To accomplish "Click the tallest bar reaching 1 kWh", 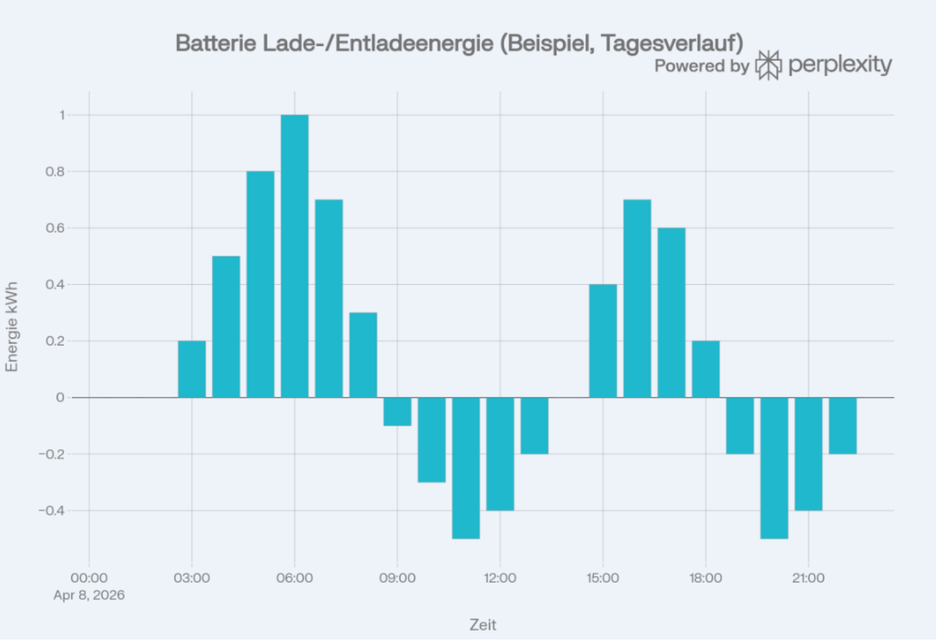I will point(294,256).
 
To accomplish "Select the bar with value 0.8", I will point(260,284).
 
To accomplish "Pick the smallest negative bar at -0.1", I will point(397,411).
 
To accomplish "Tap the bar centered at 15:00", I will point(603,341).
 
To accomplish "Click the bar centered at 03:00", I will point(192,369).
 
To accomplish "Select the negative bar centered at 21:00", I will point(808,453).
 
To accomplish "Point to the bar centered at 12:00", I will point(500,453).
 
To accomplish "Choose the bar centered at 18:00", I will point(706,369).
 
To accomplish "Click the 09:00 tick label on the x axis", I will point(397,578).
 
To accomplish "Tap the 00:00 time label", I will point(89,578).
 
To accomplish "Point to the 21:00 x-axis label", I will point(808,578).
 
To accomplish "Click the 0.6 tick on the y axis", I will point(55,228).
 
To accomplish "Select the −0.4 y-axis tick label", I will point(52,511).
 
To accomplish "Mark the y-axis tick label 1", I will point(62,115).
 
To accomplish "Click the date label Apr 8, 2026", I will point(89,595).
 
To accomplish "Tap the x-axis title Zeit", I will point(483,625).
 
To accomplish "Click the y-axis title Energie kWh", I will point(12,327).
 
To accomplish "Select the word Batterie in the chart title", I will point(216,43).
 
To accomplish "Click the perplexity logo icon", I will point(768,65).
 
